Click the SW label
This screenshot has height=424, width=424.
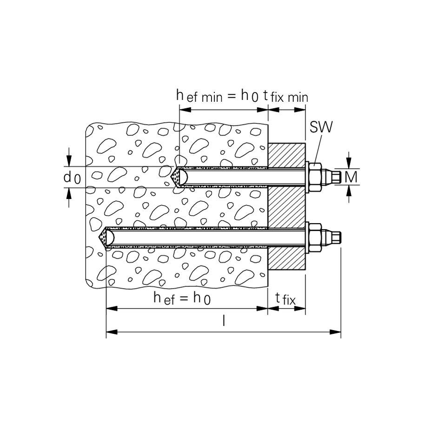click(321, 127)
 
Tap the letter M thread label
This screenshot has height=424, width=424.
click(351, 177)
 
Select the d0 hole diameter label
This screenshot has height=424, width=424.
click(72, 178)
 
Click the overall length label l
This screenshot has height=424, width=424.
click(224, 321)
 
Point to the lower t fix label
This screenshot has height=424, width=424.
click(285, 299)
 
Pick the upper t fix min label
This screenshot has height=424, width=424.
click(285, 97)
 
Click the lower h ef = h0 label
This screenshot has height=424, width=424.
click(182, 298)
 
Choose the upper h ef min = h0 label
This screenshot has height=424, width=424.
click(218, 96)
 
